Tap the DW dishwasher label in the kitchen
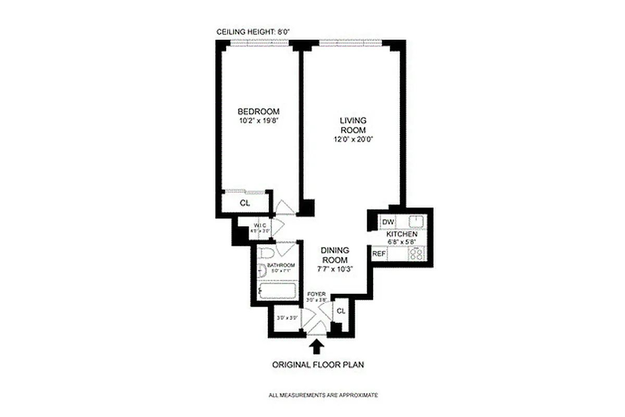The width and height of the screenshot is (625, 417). pyautogui.click(x=387, y=222)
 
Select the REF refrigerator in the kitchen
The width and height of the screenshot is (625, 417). pyautogui.click(x=378, y=254)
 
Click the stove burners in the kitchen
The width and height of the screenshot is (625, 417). pyautogui.click(x=417, y=254)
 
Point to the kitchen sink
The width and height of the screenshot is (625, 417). pyautogui.click(x=417, y=222)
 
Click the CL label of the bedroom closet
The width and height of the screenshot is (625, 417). pyautogui.click(x=244, y=203)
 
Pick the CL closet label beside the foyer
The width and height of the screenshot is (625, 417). pyautogui.click(x=341, y=311)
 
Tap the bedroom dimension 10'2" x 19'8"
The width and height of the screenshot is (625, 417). pyautogui.click(x=258, y=121)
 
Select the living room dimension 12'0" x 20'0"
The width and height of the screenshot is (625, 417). pyautogui.click(x=353, y=139)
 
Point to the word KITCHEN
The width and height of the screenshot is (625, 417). pyautogui.click(x=402, y=235)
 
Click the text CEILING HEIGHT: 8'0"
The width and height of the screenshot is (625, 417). pyautogui.click(x=253, y=32)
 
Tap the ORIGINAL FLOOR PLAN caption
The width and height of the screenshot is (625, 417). pyautogui.click(x=318, y=365)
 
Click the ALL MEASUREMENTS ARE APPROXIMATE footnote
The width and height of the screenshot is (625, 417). pyautogui.click(x=323, y=395)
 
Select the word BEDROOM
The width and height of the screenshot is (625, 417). pyautogui.click(x=258, y=112)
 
